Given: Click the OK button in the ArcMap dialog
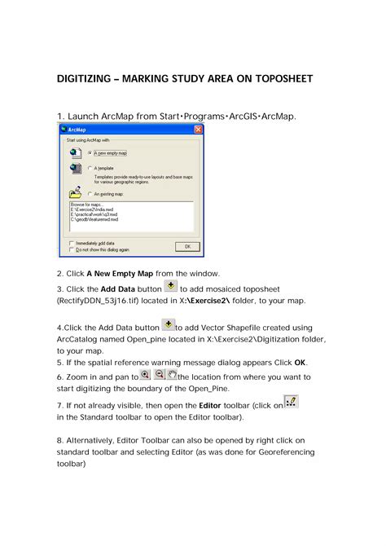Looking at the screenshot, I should (186, 245).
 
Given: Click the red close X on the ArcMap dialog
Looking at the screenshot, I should (198, 130).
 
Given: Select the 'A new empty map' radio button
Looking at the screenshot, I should (89, 152).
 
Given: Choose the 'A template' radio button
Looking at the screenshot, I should (89, 169).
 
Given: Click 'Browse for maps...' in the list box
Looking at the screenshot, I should (86, 205).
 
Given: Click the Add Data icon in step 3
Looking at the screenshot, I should (170, 285).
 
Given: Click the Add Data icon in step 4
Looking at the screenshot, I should (168, 324).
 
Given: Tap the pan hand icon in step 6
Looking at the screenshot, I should (172, 374).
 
